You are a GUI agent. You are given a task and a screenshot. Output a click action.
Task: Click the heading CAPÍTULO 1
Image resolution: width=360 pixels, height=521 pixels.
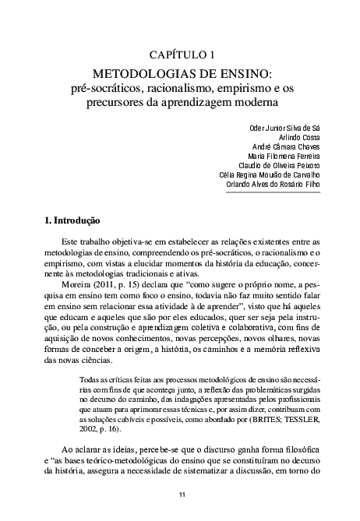coord(179,55)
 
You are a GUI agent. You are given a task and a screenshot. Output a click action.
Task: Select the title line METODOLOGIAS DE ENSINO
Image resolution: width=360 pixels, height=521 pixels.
coord(179,74)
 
